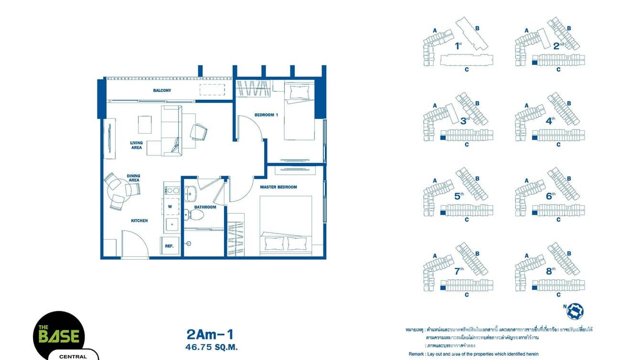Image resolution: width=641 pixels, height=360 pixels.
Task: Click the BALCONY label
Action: pyautogui.click(x=162, y=90)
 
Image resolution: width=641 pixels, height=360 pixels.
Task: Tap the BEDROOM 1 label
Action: pyautogui.click(x=266, y=115)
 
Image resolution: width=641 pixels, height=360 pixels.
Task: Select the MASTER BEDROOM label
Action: pyautogui.click(x=278, y=187)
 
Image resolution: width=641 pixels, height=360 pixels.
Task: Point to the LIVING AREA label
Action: pyautogui.click(x=137, y=145)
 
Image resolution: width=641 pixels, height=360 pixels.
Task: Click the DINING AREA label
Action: pyautogui.click(x=134, y=178)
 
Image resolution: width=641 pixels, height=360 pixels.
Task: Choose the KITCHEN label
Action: pyautogui.click(x=139, y=221)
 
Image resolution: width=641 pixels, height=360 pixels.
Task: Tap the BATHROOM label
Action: pyautogui.click(x=205, y=207)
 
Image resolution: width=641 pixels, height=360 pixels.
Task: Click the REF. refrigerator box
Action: pyautogui.click(x=169, y=246)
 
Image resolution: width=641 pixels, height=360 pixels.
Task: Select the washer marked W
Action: pyautogui.click(x=170, y=207)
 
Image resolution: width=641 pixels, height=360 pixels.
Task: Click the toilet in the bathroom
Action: pyautogui.click(x=194, y=215)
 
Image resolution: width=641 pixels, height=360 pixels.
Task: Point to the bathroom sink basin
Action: pyautogui.click(x=191, y=194)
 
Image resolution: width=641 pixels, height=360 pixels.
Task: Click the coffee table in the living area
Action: pyautogui.click(x=145, y=125)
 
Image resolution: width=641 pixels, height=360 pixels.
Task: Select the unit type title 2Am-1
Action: pyautogui.click(x=211, y=334)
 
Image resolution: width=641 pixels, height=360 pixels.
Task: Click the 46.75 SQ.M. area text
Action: pyautogui.click(x=211, y=347)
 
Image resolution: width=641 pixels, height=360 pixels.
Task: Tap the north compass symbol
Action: pyautogui.click(x=575, y=311)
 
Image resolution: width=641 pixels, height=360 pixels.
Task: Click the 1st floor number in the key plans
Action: pyautogui.click(x=458, y=46)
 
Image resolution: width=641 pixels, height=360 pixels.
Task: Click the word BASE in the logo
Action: pyautogui.click(x=59, y=337)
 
